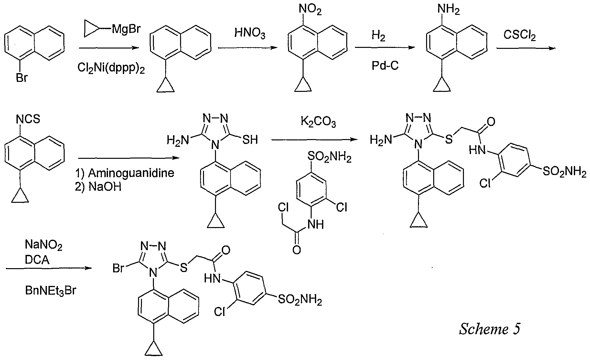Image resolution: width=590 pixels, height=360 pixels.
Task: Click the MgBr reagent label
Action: tap(126, 29)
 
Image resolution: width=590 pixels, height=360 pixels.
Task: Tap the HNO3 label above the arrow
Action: tap(250, 34)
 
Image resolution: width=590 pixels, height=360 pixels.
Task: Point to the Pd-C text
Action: tap(385, 66)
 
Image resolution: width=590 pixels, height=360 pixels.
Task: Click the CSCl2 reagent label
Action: tap(520, 35)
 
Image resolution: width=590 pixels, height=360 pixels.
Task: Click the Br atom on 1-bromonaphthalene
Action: tap(22, 78)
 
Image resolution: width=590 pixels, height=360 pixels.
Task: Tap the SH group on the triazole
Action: tap(250, 140)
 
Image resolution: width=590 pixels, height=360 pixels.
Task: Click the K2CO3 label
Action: tap(318, 123)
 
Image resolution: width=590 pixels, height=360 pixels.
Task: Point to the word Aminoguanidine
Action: tap(131, 173)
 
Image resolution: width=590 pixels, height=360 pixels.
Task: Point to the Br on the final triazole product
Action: tap(119, 268)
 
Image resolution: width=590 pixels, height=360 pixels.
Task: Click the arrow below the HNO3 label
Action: tap(248, 48)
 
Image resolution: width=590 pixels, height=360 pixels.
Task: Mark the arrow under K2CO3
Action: tap(315, 140)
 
